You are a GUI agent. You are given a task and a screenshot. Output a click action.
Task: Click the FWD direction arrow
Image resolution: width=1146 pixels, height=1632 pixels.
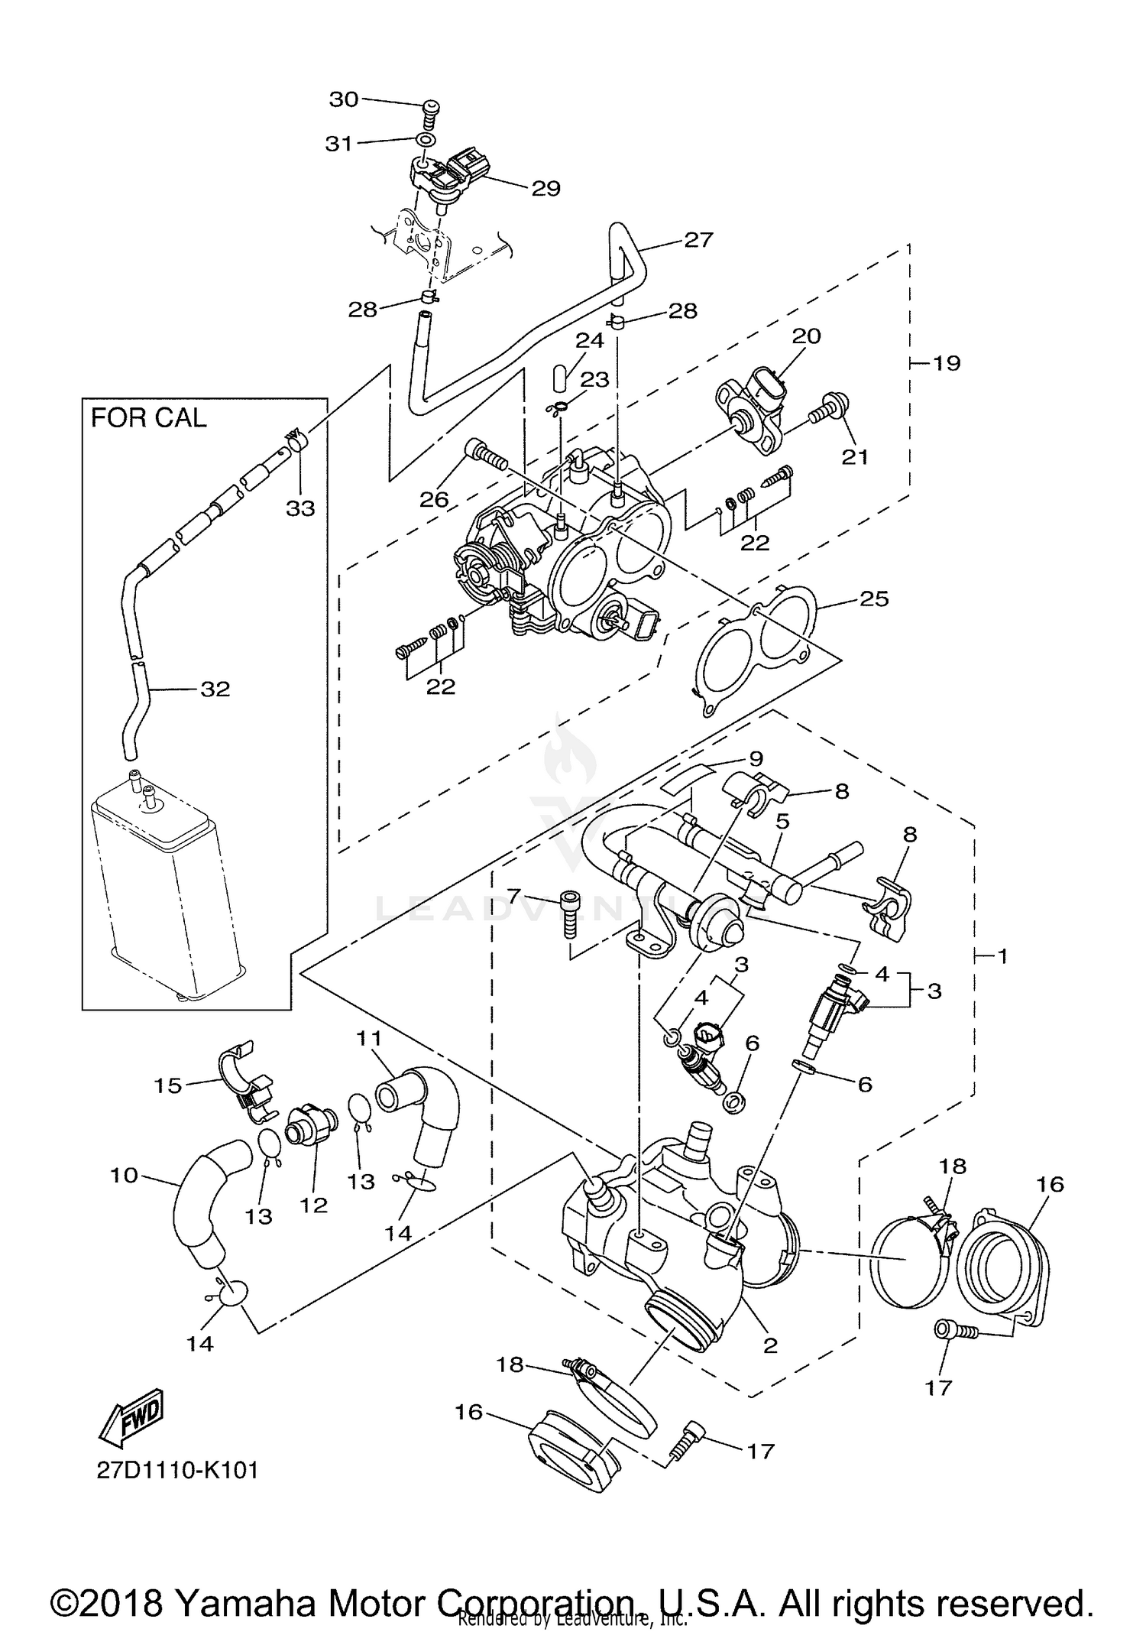[131, 1419]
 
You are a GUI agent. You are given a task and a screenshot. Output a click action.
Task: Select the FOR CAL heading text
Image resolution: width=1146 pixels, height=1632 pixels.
[149, 418]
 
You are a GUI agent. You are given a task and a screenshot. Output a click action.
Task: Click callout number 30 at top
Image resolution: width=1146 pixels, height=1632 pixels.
[344, 99]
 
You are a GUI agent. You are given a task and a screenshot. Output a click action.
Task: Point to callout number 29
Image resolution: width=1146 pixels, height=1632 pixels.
[545, 188]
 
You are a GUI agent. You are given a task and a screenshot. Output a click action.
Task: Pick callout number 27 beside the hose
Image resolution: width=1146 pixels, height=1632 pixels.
[698, 240]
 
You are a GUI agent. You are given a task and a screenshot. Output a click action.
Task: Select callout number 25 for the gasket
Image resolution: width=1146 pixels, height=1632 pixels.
[874, 599]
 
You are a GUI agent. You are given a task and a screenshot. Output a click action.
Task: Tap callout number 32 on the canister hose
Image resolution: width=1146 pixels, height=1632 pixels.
[215, 689]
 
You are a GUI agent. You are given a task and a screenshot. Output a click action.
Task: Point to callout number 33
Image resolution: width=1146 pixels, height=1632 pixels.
[300, 508]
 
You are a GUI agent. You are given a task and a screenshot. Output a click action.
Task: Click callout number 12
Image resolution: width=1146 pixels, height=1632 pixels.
[314, 1206]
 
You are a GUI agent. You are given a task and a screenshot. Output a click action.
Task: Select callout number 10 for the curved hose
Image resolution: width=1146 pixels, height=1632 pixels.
[124, 1175]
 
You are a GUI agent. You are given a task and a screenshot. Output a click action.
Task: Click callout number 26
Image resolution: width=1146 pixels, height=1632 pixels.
[435, 499]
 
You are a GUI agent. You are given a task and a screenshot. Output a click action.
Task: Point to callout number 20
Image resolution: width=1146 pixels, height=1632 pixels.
[806, 336]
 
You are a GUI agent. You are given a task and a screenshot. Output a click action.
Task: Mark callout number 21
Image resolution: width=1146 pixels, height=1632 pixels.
[855, 456]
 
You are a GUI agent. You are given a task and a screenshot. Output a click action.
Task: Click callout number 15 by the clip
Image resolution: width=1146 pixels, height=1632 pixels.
[169, 1085]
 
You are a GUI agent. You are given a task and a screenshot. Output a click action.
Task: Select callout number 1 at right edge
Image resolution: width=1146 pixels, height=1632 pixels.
[1002, 956]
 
